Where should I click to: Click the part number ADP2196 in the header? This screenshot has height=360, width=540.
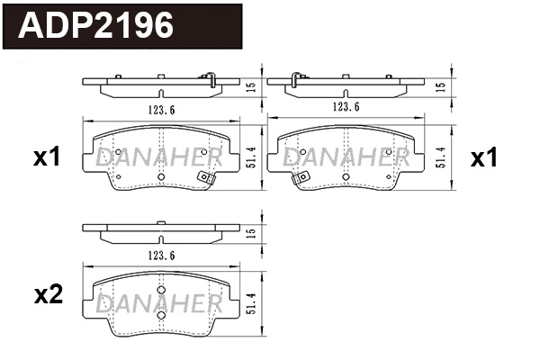(x=95, y=25)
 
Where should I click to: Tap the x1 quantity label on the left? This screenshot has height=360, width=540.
(x=46, y=158)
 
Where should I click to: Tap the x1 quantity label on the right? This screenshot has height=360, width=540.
(x=484, y=158)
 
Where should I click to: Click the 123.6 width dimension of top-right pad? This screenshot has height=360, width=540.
(x=345, y=107)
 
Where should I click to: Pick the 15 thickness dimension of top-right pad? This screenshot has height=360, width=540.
(x=439, y=86)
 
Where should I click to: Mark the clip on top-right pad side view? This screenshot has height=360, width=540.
(x=294, y=78)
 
